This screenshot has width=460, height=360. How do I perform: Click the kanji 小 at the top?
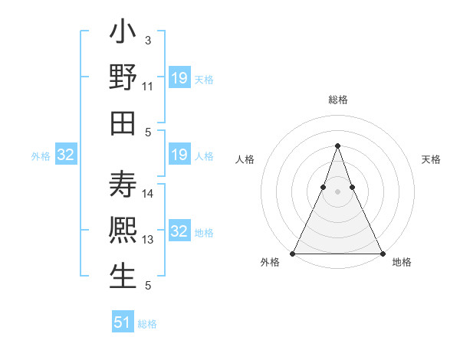click(x=123, y=36)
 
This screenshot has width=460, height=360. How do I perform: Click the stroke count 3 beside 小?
click(x=147, y=39)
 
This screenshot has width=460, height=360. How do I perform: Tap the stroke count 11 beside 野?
click(x=148, y=86)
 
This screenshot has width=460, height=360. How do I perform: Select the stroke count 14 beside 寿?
click(x=148, y=194)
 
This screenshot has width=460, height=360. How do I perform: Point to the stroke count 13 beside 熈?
click(x=148, y=240)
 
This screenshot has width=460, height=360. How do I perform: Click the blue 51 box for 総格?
click(x=123, y=322)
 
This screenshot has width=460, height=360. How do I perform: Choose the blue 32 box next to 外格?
click(x=65, y=155)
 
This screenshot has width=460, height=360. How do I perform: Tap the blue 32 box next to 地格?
click(x=179, y=232)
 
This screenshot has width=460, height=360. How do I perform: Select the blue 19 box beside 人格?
click(x=179, y=155)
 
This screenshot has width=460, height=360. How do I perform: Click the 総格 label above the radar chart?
click(x=337, y=100)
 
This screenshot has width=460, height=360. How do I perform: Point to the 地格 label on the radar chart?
click(x=402, y=262)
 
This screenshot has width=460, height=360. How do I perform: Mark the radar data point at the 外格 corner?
click(x=292, y=254)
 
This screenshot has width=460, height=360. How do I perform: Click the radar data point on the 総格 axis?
click(x=337, y=146)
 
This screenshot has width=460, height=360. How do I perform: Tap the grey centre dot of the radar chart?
click(x=337, y=191)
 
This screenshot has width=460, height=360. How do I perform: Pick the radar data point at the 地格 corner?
click(x=383, y=254)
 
